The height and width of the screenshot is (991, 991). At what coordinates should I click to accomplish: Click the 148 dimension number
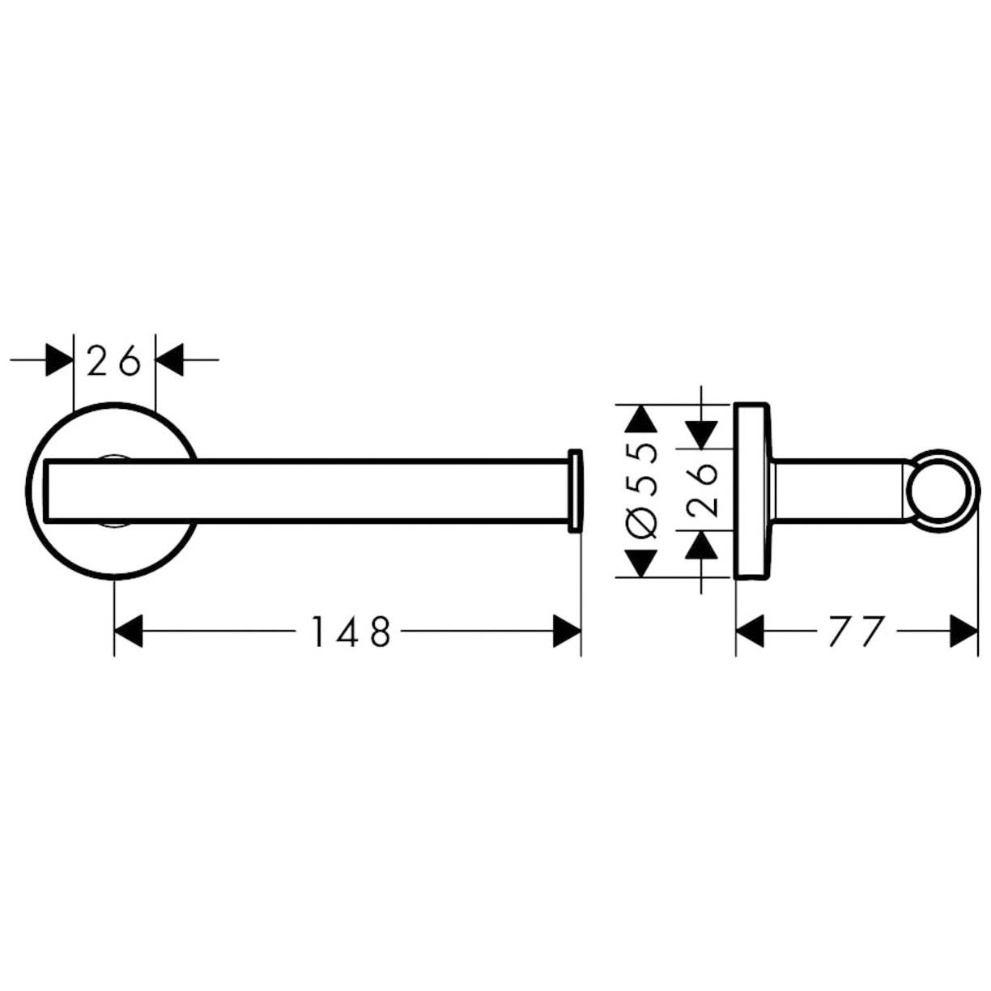point(351,631)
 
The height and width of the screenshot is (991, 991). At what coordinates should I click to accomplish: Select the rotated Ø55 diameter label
point(643,491)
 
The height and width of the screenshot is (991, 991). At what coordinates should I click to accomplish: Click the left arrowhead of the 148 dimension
point(128,631)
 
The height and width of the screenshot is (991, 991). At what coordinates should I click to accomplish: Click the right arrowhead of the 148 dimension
point(567,631)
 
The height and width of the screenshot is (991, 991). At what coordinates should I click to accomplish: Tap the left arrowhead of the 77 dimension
point(750,631)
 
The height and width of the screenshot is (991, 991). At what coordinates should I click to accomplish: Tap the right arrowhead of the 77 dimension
point(963,631)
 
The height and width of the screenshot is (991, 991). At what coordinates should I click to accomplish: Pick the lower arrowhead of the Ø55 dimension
point(640,563)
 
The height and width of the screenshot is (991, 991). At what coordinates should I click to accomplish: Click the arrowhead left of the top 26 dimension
point(60,359)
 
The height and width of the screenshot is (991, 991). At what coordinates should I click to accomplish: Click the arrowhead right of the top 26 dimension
point(169,359)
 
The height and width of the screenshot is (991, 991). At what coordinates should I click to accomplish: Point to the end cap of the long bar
point(575,491)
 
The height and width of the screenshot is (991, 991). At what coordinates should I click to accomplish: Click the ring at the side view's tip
point(942,490)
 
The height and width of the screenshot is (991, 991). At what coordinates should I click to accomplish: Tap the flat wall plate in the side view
point(752,491)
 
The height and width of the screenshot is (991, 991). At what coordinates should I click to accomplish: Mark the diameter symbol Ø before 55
point(643,521)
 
